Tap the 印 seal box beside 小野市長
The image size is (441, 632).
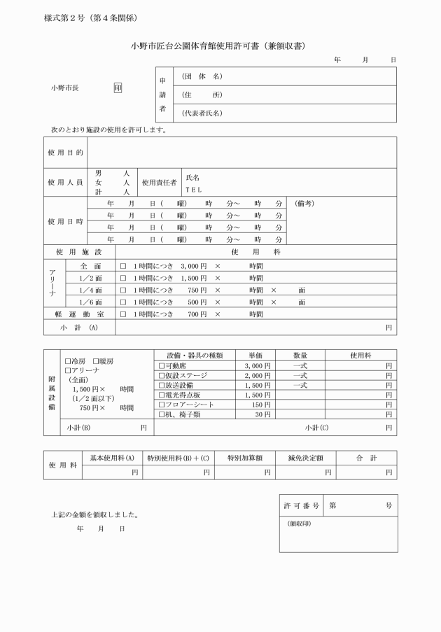click(x=118, y=89)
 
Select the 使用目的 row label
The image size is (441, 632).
click(x=65, y=152)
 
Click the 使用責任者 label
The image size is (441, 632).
click(x=159, y=182)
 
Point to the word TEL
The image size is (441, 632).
click(x=193, y=189)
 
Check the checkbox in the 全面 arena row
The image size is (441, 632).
click(x=122, y=267)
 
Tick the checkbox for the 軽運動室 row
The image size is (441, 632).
click(x=122, y=314)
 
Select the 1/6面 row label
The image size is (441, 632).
click(x=91, y=302)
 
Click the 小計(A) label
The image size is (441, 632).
click(x=79, y=327)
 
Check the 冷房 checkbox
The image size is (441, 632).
click(x=67, y=361)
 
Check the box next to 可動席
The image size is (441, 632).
click(x=162, y=365)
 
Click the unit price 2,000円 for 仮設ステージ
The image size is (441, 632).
click(x=257, y=375)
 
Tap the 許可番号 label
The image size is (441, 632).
click(x=302, y=505)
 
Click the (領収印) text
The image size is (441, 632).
click(x=299, y=523)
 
